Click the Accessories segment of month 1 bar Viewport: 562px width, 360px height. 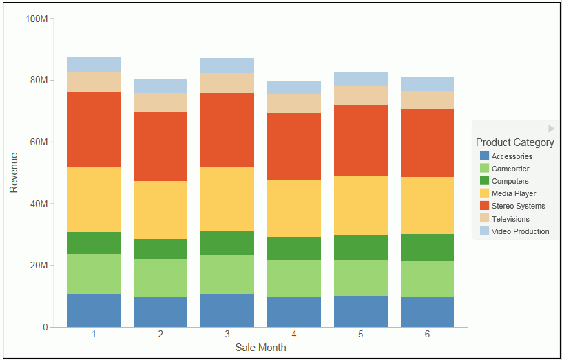pyautogui.click(x=94, y=310)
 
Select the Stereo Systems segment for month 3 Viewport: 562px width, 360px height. pyautogui.click(x=227, y=130)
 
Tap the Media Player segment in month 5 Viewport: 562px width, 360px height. pyautogui.click(x=361, y=205)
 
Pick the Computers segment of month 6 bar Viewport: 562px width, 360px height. pyautogui.click(x=428, y=247)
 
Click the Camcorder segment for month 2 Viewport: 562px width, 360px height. pyautogui.click(x=160, y=277)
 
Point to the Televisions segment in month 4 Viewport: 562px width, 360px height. pyautogui.click(x=294, y=103)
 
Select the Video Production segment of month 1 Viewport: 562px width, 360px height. pyautogui.click(x=94, y=64)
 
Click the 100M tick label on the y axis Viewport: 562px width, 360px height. pyautogui.click(x=36, y=19)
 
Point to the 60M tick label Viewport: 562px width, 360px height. pyautogui.click(x=39, y=142)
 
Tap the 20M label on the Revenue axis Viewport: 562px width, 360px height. pyautogui.click(x=39, y=266)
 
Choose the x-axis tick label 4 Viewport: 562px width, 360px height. pyautogui.click(x=294, y=335)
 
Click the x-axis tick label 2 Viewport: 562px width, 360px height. pyautogui.click(x=160, y=335)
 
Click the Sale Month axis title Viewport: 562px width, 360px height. pyautogui.click(x=260, y=348)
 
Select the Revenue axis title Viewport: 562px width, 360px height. pyautogui.click(x=13, y=173)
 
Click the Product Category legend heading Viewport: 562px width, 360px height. pyautogui.click(x=514, y=142)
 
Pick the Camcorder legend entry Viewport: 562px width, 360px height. pyautogui.click(x=510, y=169)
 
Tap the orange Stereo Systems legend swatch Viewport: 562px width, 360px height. pyautogui.click(x=484, y=206)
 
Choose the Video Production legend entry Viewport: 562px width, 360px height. pyautogui.click(x=520, y=231)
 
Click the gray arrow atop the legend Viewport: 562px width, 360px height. pyautogui.click(x=551, y=129)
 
